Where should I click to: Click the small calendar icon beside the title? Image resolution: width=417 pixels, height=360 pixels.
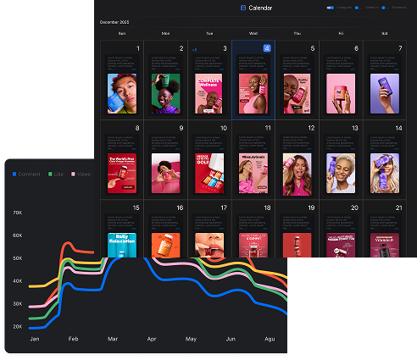pyautogui.click(x=243, y=8)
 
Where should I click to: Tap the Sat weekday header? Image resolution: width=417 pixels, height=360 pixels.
pyautogui.click(x=385, y=34)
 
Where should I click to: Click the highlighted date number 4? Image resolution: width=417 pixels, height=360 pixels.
pyautogui.click(x=268, y=48)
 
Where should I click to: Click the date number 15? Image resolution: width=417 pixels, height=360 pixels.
pyautogui.click(x=136, y=208)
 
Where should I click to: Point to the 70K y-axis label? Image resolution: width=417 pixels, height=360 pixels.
pyautogui.click(x=18, y=213)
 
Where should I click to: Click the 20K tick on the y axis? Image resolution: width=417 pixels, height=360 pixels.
pyautogui.click(x=18, y=326)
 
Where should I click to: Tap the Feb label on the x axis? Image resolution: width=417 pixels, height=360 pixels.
pyautogui.click(x=73, y=340)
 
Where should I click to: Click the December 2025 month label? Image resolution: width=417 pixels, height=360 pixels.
pyautogui.click(x=115, y=20)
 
